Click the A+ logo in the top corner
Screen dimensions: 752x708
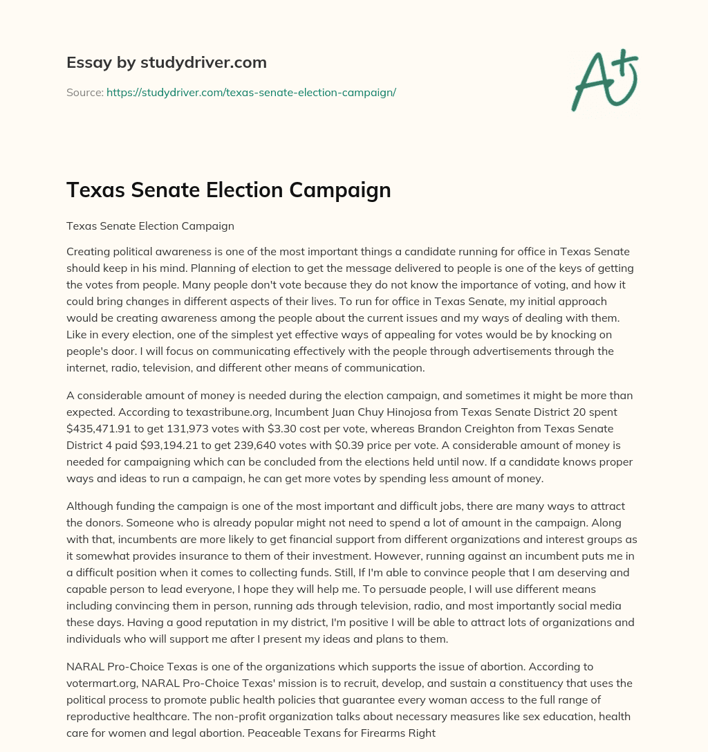604,80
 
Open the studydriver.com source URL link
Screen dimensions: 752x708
251,92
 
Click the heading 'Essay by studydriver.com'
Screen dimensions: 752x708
166,62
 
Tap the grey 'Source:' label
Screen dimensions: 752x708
84,92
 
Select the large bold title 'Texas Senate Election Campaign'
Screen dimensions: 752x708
228,190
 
